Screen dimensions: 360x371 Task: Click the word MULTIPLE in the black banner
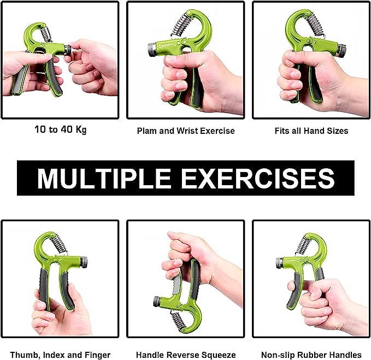107,178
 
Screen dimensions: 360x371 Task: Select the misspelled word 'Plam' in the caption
147,131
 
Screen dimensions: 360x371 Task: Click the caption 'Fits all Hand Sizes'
311,131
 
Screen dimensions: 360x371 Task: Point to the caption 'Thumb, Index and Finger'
60,355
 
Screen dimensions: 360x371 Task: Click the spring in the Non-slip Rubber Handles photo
303,246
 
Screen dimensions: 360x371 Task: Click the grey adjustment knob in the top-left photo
67,50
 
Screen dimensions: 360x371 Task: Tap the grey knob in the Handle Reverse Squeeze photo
157,301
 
